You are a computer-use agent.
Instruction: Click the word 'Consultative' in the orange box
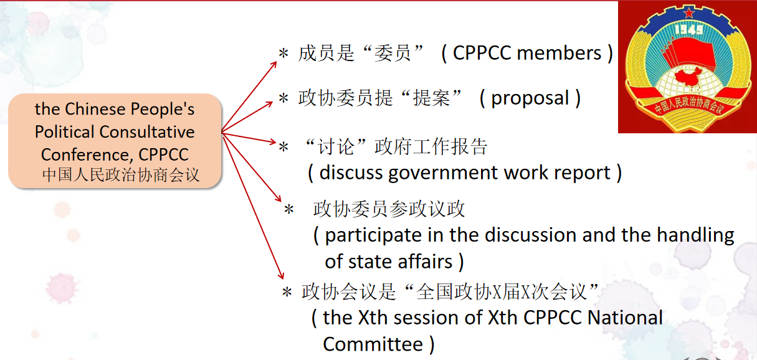(x=147, y=131)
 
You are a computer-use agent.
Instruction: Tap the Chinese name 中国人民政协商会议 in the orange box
(x=121, y=175)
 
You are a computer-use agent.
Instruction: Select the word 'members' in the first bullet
(x=559, y=53)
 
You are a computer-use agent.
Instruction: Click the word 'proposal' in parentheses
(x=530, y=98)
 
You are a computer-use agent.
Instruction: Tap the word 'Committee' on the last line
(x=373, y=344)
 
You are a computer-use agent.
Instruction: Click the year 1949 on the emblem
(x=690, y=30)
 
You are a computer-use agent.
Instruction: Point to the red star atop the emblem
(x=688, y=13)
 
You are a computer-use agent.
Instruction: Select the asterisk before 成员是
(x=283, y=54)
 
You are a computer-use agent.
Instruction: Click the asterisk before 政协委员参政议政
(x=288, y=210)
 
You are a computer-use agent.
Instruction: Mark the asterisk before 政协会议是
(x=287, y=292)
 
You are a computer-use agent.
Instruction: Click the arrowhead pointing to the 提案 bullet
(x=269, y=104)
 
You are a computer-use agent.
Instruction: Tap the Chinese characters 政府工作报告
(x=431, y=146)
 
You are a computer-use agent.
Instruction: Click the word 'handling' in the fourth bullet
(x=695, y=235)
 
